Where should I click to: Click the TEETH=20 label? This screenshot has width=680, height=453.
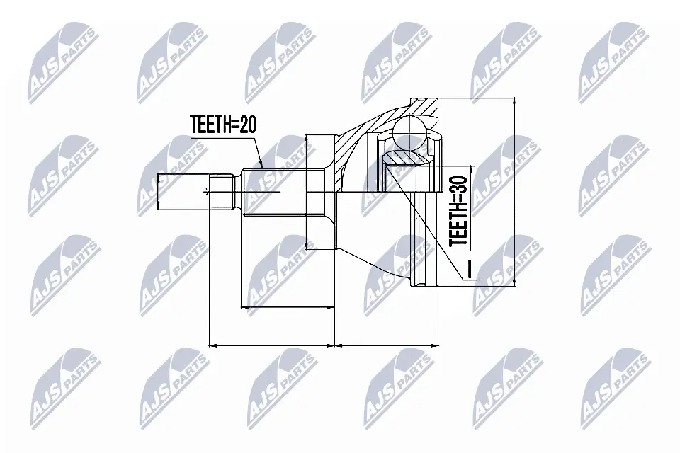[x=223, y=125]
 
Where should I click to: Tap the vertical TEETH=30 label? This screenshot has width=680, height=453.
[x=458, y=211]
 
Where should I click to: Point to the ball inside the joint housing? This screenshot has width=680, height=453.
[x=410, y=132]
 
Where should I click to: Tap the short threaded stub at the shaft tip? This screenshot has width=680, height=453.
[x=222, y=190]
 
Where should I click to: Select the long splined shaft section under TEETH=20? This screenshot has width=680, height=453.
[x=284, y=191]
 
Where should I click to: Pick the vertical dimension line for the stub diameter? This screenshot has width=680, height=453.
[x=158, y=190]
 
